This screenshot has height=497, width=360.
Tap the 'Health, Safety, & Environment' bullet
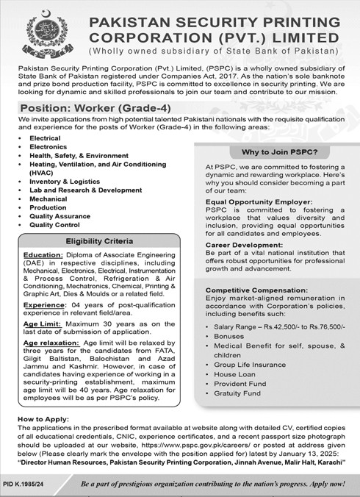click(x=79, y=156)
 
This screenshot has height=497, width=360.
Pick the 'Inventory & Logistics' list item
click(x=65, y=181)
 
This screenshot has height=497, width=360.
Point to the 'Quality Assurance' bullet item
click(x=60, y=216)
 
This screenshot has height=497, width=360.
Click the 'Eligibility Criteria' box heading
click(x=99, y=240)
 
